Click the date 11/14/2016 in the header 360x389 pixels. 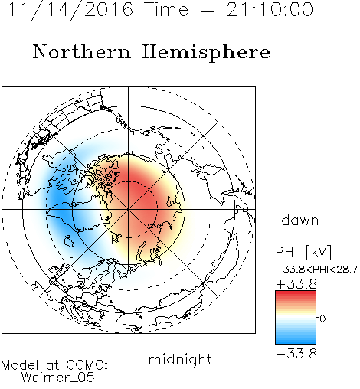[70, 10]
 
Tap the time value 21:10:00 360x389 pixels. [270, 9]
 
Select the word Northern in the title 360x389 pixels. [82, 51]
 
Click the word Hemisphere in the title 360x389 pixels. [206, 53]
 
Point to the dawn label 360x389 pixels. [300, 221]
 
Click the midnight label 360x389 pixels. [180, 359]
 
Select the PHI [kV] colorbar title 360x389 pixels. [303, 252]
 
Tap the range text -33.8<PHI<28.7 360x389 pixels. [316, 270]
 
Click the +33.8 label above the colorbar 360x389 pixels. [296, 284]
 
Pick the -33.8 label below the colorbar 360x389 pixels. [296, 354]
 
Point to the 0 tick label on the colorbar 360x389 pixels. [322, 319]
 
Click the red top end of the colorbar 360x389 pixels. [296, 293]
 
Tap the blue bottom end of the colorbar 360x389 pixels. [296, 341]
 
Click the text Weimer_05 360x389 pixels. [58, 378]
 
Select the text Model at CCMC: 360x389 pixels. [54, 365]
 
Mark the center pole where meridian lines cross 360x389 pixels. [129, 210]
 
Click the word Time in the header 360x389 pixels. [166, 9]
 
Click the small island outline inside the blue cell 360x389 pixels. [68, 241]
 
